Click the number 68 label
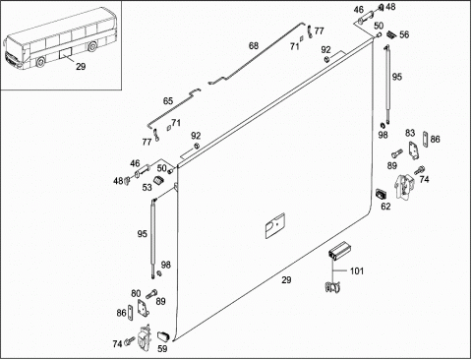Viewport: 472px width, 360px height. pyautogui.click(x=254, y=46)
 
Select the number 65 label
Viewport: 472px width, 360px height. pyautogui.click(x=168, y=101)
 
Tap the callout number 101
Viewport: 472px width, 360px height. pyautogui.click(x=357, y=271)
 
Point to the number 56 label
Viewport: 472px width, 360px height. pyautogui.click(x=404, y=34)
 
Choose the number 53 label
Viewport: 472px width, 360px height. pyautogui.click(x=147, y=187)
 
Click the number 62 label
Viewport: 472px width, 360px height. pyautogui.click(x=385, y=207)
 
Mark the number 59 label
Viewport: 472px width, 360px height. pyautogui.click(x=162, y=349)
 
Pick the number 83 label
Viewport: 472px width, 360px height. pyautogui.click(x=410, y=133)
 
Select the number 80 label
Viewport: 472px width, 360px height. pyautogui.click(x=136, y=293)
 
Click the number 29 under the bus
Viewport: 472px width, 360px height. pyautogui.click(x=81, y=67)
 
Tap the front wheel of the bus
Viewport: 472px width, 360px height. pyautogui.click(x=40, y=62)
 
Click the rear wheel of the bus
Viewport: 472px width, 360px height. pyautogui.click(x=92, y=46)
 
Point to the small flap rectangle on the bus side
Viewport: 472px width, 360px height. pyautogui.click(x=66, y=53)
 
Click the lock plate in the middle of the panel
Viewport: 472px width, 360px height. pyautogui.click(x=274, y=225)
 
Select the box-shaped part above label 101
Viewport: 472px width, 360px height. pyautogui.click(x=339, y=251)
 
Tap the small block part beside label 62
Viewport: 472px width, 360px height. pyautogui.click(x=381, y=194)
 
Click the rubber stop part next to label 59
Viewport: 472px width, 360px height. pyautogui.click(x=163, y=336)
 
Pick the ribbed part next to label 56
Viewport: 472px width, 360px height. pyautogui.click(x=391, y=33)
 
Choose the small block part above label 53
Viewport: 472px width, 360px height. pyautogui.click(x=159, y=180)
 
